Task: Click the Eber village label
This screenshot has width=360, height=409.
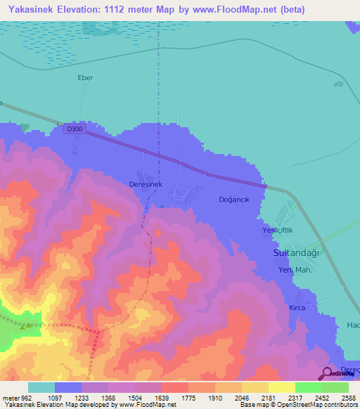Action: pyautogui.click(x=85, y=78)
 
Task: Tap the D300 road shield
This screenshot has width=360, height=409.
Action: pyautogui.click(x=72, y=129)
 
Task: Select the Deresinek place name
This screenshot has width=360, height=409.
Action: pyautogui.click(x=146, y=183)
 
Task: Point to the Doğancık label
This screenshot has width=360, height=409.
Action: pyautogui.click(x=234, y=200)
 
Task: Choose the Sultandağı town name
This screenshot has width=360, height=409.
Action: pyautogui.click(x=296, y=252)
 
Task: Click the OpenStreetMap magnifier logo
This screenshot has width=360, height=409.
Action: pyautogui.click(x=328, y=373)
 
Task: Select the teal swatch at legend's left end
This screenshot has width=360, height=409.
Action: pyautogui.click(x=41, y=387)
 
